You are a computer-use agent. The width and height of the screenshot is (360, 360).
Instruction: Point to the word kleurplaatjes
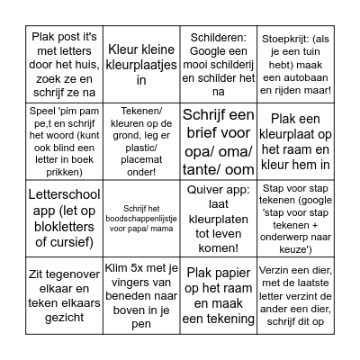point(140,66)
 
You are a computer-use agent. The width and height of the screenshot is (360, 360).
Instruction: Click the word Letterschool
point(55,193)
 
